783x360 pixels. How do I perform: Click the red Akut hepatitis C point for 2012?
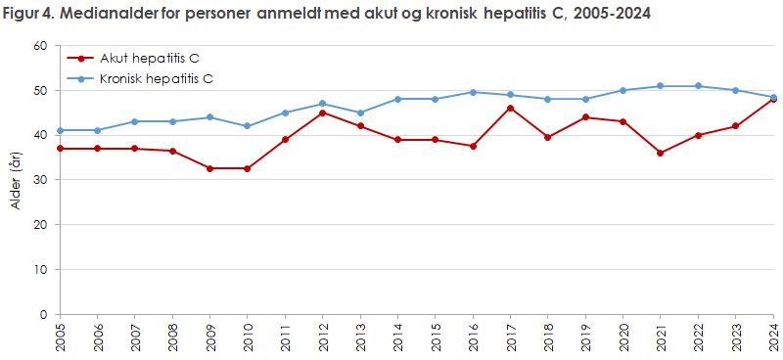pos(323,112)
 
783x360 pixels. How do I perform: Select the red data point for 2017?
pos(510,108)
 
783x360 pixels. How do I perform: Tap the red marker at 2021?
pos(661,153)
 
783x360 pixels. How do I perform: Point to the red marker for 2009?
pos(209,168)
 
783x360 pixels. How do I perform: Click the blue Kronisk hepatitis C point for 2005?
pos(60,130)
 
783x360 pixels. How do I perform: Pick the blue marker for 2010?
pos(248,126)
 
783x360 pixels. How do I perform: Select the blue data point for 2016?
pos(473,92)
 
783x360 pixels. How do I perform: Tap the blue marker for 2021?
pos(661,86)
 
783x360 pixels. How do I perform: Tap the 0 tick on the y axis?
pos(42,314)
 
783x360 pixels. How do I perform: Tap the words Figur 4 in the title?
pos(28,13)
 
